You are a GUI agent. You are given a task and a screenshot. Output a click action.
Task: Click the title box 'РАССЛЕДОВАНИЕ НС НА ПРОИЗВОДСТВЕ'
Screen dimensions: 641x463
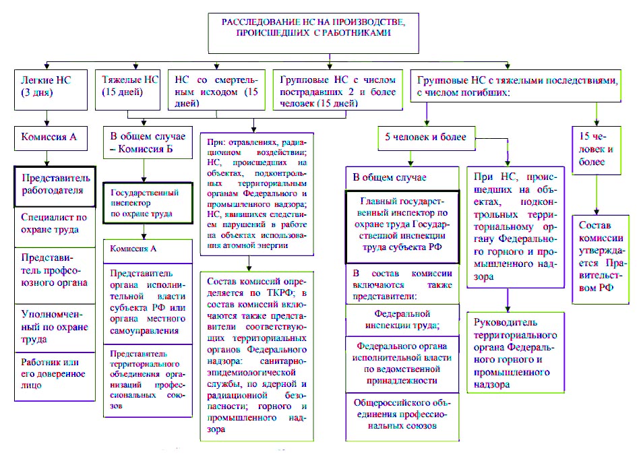[313, 33]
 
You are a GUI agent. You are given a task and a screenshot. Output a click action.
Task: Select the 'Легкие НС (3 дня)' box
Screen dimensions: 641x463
[51, 90]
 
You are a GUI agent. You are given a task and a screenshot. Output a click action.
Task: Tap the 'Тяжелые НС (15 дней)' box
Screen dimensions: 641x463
[127, 90]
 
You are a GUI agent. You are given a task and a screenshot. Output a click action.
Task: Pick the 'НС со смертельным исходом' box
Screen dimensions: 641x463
[216, 90]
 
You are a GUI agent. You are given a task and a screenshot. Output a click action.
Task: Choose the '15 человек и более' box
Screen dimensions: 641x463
[597, 150]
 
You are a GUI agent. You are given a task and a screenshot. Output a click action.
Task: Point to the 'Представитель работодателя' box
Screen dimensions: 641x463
[55, 186]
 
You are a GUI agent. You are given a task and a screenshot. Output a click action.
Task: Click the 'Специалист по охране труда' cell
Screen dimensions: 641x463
[55, 227]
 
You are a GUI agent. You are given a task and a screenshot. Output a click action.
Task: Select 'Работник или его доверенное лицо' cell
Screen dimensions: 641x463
[55, 376]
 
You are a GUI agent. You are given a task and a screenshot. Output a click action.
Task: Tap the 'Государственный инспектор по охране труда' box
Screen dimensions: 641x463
[148, 203]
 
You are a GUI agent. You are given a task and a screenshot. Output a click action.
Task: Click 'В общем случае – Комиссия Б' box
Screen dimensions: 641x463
[148, 143]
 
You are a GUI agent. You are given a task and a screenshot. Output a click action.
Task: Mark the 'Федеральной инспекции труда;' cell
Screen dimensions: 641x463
[402, 320]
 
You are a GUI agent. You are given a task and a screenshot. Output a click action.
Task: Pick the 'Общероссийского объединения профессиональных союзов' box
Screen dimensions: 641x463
[402, 416]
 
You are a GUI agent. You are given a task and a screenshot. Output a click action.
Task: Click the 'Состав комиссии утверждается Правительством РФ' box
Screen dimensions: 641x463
[600, 259]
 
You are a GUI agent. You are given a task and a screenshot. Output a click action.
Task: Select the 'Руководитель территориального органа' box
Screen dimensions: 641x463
[516, 352]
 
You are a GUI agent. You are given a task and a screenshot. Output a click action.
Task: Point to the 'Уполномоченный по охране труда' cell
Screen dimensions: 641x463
[55, 328]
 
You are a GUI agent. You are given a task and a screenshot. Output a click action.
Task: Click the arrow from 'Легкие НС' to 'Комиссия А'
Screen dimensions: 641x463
[47, 118]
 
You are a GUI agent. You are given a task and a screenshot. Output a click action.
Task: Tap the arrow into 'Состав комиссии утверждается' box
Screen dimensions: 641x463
[597, 195]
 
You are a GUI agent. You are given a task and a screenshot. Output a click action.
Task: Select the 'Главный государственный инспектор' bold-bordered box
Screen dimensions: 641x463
[402, 227]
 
